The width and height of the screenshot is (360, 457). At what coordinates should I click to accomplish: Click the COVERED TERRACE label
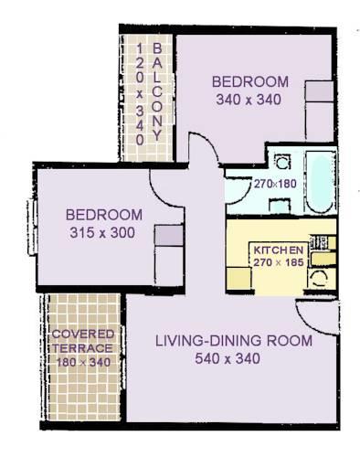(x=81, y=341)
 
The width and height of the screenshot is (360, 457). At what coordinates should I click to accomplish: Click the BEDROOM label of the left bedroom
(x=103, y=215)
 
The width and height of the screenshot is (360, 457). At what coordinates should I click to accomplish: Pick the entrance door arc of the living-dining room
(x=312, y=320)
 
